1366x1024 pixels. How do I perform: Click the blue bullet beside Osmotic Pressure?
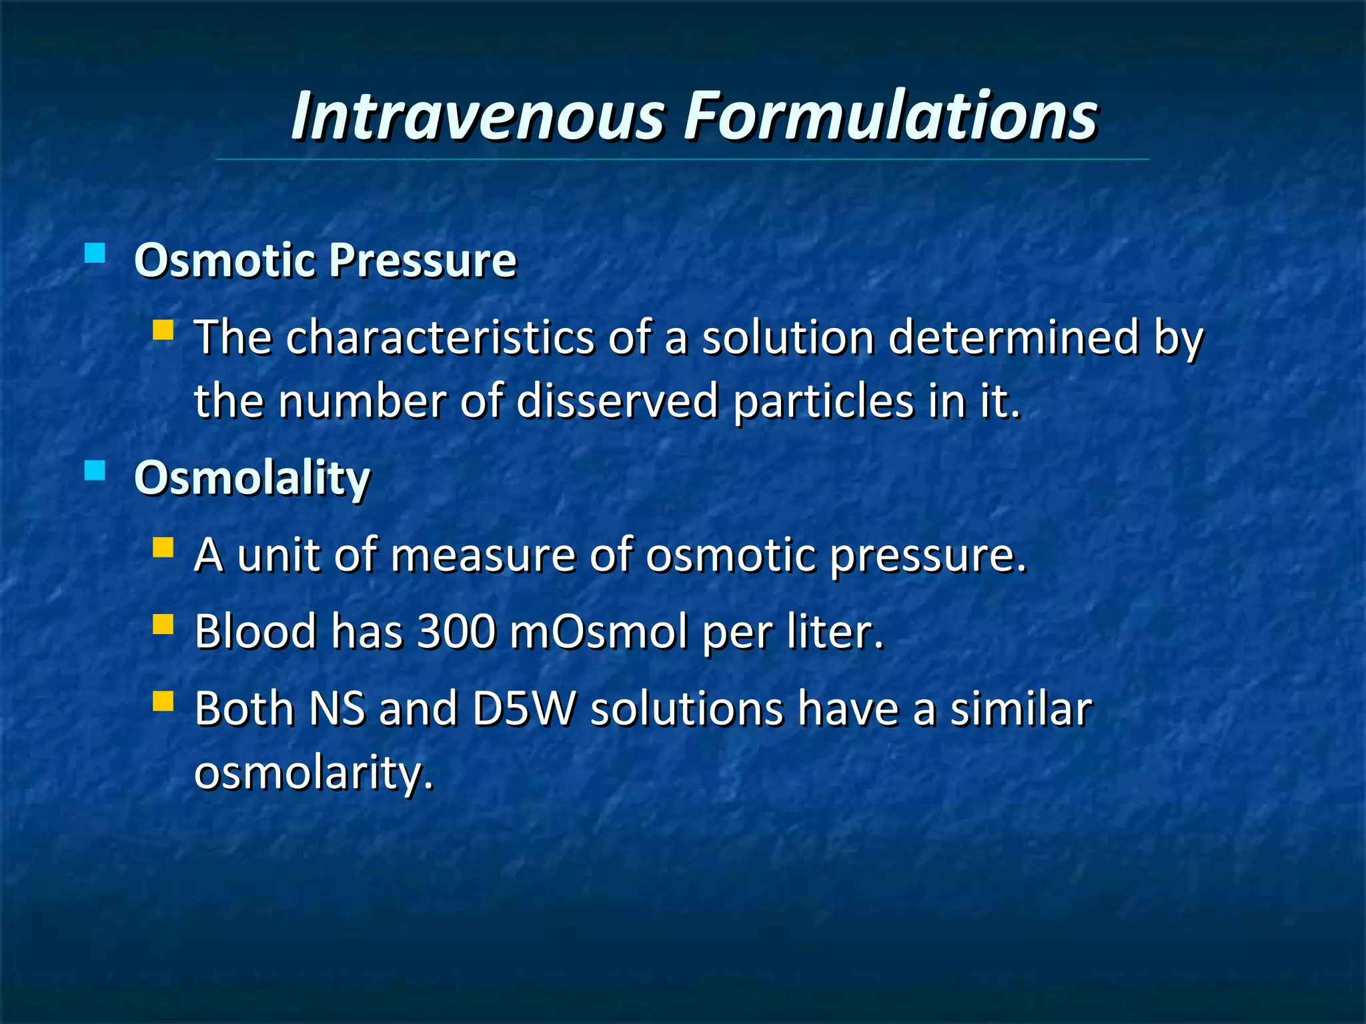(x=95, y=253)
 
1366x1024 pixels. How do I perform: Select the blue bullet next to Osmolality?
(x=95, y=471)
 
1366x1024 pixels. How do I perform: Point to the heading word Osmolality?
(x=252, y=479)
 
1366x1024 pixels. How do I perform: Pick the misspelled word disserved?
(x=616, y=401)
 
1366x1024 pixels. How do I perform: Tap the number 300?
(x=456, y=631)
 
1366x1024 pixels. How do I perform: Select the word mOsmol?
(x=598, y=631)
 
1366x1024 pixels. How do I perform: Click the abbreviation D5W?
(x=524, y=709)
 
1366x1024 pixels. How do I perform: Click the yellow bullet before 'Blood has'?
(x=163, y=625)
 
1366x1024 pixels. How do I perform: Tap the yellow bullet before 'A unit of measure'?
(x=163, y=548)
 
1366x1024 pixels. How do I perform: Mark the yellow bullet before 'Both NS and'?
(x=163, y=701)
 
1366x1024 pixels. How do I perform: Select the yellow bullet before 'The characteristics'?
(x=163, y=330)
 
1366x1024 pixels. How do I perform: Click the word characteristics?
(x=440, y=337)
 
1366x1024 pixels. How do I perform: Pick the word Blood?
(x=255, y=631)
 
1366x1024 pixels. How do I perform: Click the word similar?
(x=1020, y=709)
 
